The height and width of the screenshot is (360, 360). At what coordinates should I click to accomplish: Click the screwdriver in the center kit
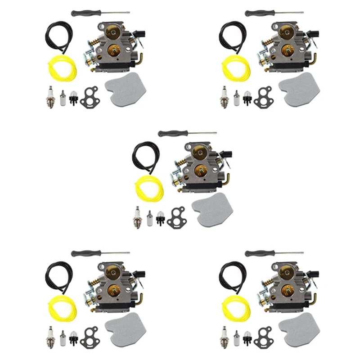coord(185,134)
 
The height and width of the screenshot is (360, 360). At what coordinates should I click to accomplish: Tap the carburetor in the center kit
coord(198,166)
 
